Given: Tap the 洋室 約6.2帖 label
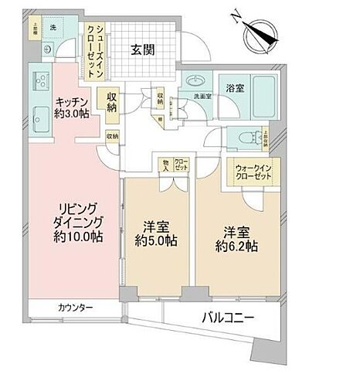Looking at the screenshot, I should [234, 238].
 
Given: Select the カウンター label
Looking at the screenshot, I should [75, 308].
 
